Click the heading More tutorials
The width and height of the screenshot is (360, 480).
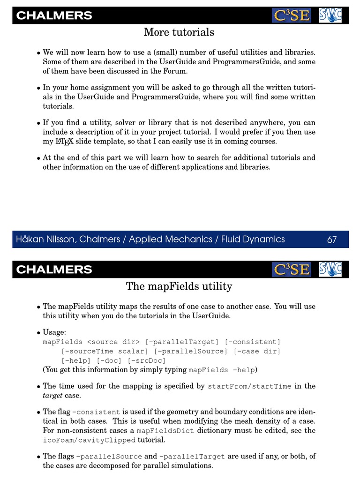click(179, 32)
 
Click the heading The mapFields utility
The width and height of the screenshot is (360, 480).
click(179, 286)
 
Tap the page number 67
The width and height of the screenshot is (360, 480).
click(332, 240)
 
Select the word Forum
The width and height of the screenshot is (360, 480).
click(176, 71)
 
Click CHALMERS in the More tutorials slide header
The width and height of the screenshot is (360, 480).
click(54, 16)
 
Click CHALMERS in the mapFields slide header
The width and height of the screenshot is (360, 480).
click(54, 270)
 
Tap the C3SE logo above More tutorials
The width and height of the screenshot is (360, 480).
click(291, 15)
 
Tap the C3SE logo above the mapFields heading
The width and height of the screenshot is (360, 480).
click(291, 269)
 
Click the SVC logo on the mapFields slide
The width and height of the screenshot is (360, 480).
click(330, 269)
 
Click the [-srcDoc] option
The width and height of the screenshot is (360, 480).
click(147, 360)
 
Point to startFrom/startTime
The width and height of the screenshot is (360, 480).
click(249, 387)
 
